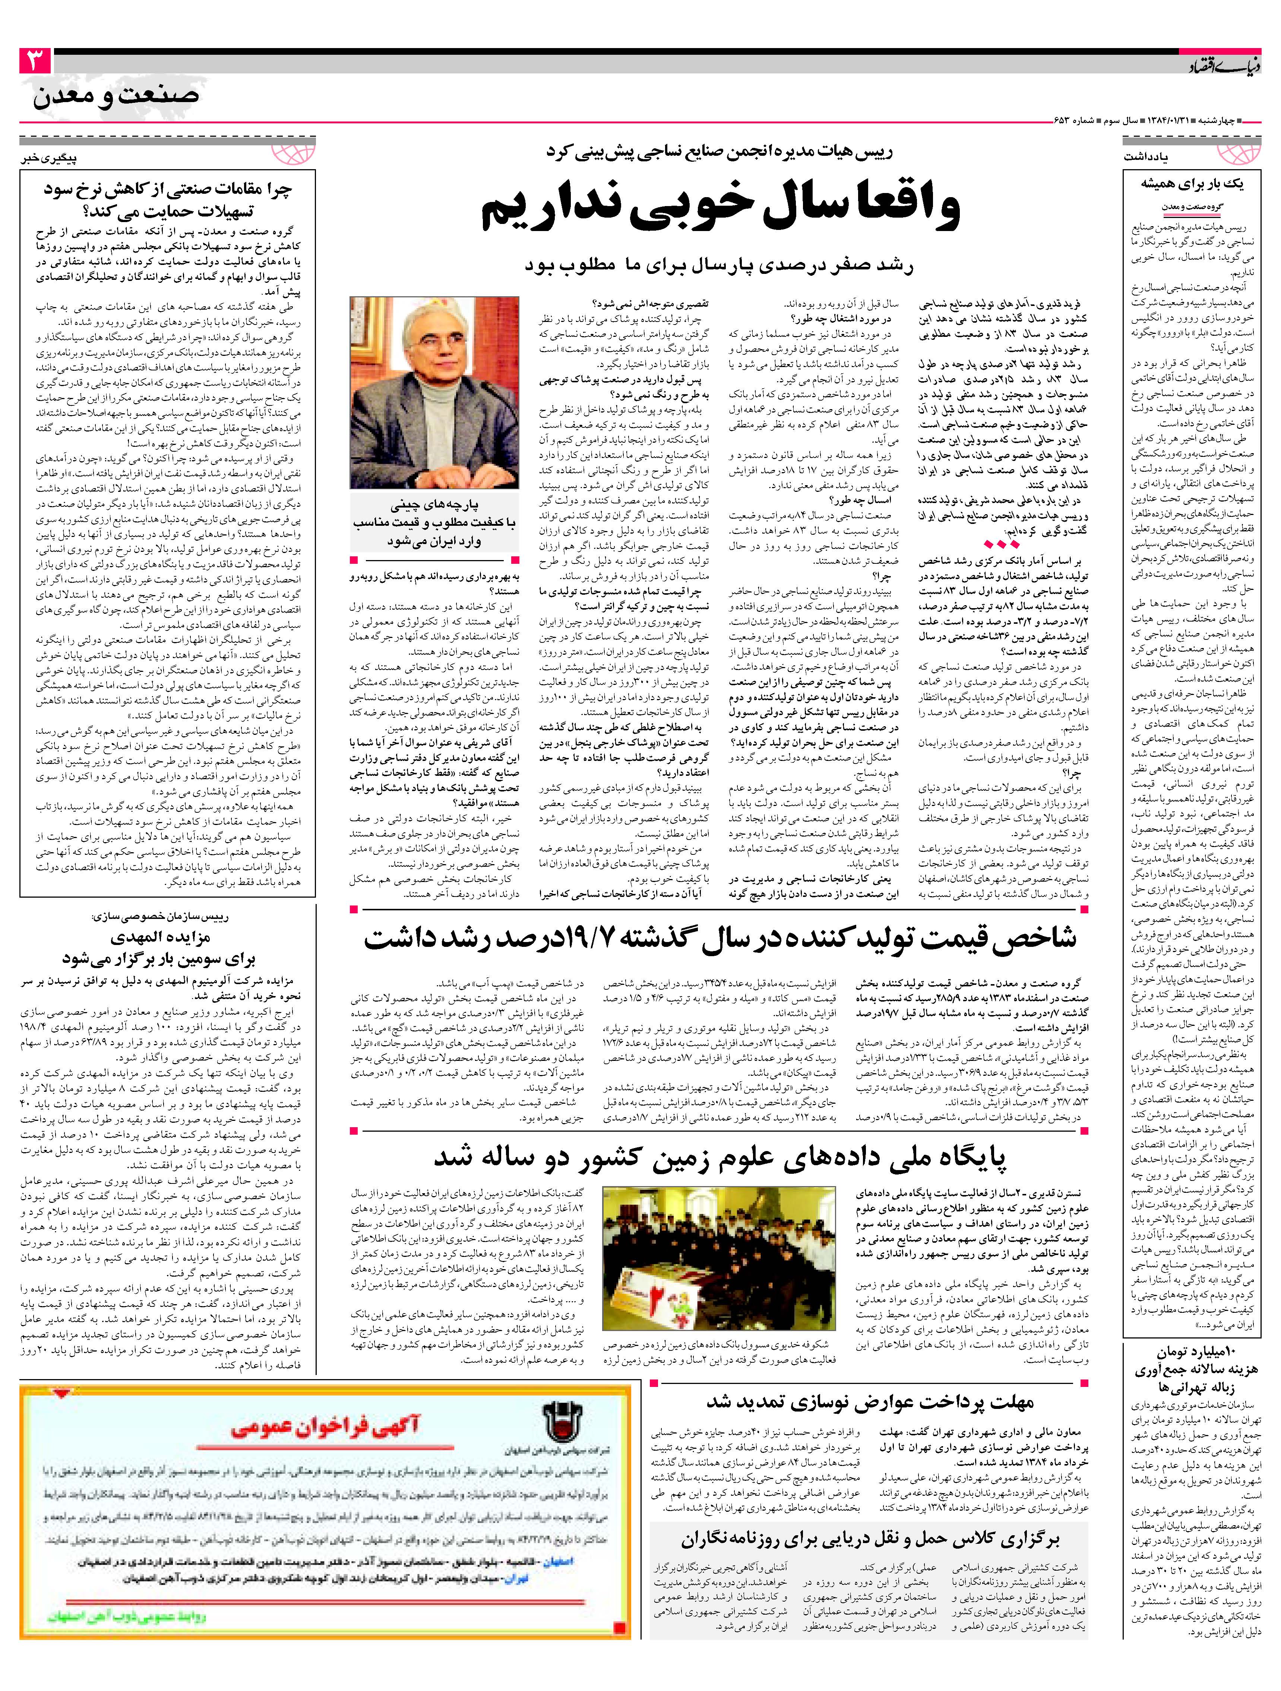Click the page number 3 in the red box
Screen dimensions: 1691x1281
tap(35, 60)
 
